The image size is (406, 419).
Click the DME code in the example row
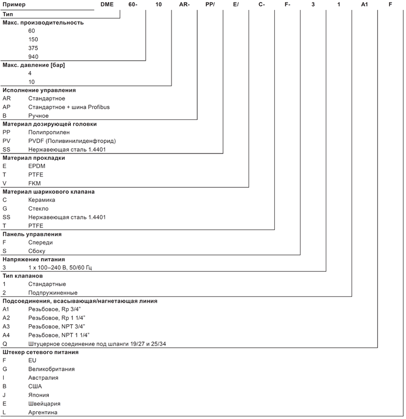point(107,5)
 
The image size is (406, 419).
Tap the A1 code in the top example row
point(364,5)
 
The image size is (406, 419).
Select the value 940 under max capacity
point(33,57)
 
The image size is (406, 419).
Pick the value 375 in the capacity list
point(33,48)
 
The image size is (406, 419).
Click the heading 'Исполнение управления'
point(39,90)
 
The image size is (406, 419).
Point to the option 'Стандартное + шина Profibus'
point(69,107)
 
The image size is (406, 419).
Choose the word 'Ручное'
point(38,116)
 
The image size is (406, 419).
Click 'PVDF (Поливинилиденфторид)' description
point(72,141)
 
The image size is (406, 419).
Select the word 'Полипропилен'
point(49,133)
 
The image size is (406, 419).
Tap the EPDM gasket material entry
point(37,166)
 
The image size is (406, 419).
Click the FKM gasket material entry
point(35,183)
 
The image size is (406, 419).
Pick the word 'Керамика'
point(42,200)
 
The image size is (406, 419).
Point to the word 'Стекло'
point(38,208)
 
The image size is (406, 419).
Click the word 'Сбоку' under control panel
point(37,251)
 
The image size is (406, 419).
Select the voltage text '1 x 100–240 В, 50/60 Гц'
point(60,268)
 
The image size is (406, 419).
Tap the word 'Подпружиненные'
point(53,293)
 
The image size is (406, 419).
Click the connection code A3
point(6,326)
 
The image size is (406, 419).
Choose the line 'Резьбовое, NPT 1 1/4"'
point(59,335)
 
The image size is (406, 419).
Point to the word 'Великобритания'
point(51,369)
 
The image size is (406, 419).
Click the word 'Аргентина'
point(43,412)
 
